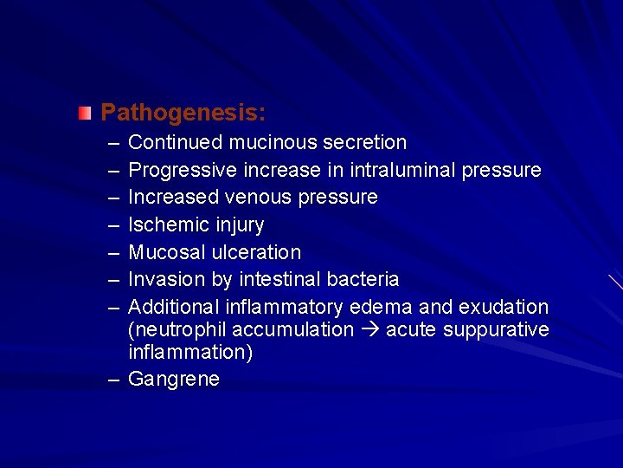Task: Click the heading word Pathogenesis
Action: (x=183, y=114)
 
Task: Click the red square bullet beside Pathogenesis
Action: (x=82, y=114)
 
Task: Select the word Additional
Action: (x=173, y=308)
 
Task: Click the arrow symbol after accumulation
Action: (x=369, y=330)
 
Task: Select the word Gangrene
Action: (x=174, y=380)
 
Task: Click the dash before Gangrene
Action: (x=115, y=380)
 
